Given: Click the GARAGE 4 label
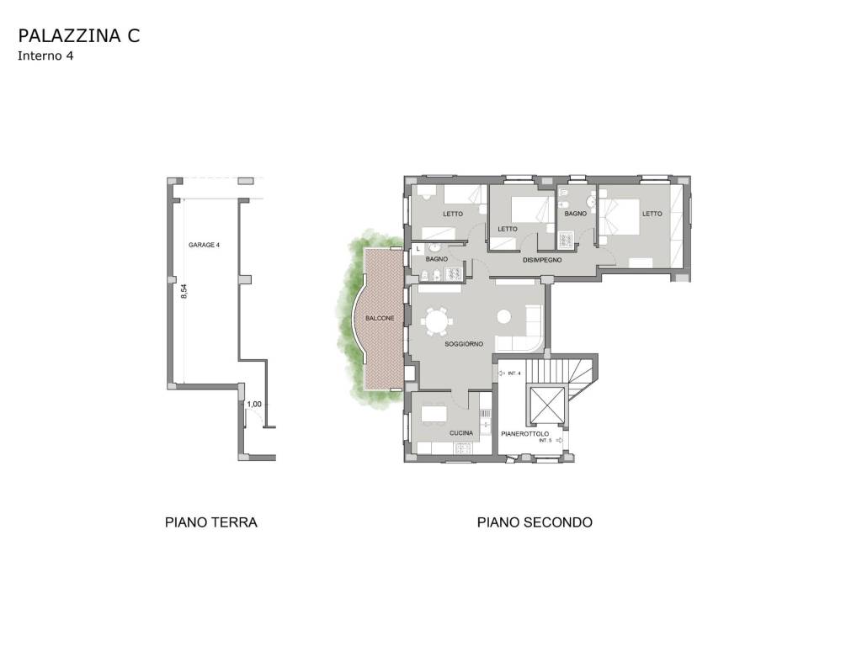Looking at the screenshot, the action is point(204,245).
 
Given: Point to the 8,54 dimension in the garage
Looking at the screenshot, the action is point(184,290).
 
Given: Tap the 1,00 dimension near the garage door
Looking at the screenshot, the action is point(254,405).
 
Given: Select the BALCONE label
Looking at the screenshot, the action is point(380,318).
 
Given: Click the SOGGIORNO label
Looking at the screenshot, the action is point(464,344).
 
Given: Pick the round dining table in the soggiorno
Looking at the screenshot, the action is point(437,322).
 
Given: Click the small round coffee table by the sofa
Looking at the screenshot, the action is point(503,317).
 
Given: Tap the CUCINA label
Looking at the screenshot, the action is point(461,433).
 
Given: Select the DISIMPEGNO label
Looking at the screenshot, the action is point(542,260).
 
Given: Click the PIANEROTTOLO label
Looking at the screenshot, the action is point(525,434).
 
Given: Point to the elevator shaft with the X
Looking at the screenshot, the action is point(545,405).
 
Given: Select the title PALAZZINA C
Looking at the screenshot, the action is point(79,35).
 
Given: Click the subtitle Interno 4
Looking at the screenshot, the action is point(45,56).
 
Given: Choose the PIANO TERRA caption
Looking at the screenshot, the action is point(211,522).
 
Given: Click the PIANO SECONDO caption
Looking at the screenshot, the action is point(535,522).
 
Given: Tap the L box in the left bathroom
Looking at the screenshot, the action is point(418,249).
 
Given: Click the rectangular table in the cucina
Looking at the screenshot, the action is point(434,413).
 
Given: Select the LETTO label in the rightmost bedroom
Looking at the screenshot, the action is point(652,214).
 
